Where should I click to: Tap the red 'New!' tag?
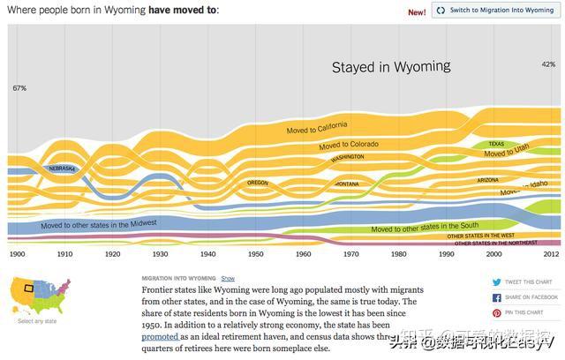pyautogui.click(x=417, y=11)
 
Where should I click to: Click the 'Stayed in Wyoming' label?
pyautogui.click(x=391, y=66)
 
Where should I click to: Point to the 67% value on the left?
pyautogui.click(x=19, y=88)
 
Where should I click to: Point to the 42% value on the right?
pyautogui.click(x=548, y=64)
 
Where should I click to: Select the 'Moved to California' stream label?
pyautogui.click(x=317, y=128)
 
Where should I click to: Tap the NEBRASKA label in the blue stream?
pyautogui.click(x=63, y=168)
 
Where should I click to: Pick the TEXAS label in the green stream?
pyautogui.click(x=496, y=144)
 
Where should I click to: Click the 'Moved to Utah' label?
pyautogui.click(x=507, y=152)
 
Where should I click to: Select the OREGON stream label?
pyautogui.click(x=257, y=183)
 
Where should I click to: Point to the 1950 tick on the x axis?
pyautogui.click(x=255, y=254)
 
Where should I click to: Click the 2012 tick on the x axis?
pyautogui.click(x=550, y=254)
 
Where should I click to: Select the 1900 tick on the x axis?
pyautogui.click(x=17, y=254)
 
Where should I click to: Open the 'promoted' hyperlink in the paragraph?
pyautogui.click(x=160, y=336)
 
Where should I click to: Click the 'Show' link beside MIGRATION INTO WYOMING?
pyautogui.click(x=228, y=278)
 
